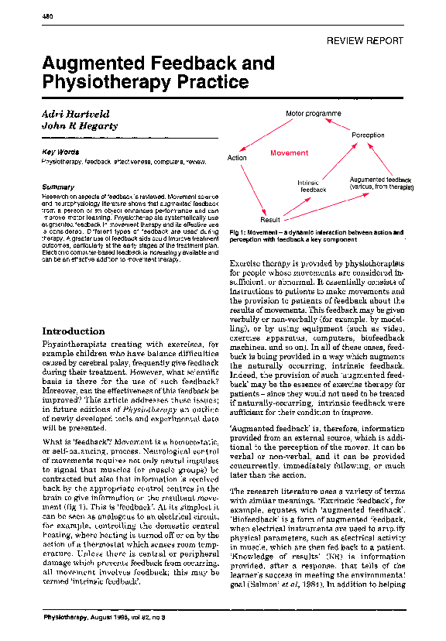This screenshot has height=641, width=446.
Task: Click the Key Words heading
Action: [x=58, y=152]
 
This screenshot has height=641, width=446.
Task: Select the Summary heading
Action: [x=57, y=187]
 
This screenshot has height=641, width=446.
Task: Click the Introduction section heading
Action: [x=74, y=331]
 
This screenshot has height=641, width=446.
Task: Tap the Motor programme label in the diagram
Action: [x=313, y=114]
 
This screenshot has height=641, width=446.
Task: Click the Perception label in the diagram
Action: [x=368, y=135]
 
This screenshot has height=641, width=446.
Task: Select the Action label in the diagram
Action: [x=237, y=158]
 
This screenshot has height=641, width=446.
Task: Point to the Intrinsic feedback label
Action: [x=313, y=186]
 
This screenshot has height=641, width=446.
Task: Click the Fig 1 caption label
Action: [x=238, y=233]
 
